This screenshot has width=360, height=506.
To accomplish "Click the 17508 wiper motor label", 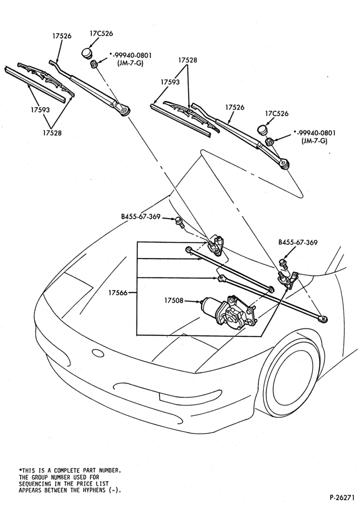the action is tap(173, 301).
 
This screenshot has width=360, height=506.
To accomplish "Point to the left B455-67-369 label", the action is tap(141, 217).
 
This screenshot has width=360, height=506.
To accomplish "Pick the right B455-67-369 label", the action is tap(298, 242).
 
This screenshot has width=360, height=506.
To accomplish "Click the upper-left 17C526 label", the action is tap(101, 33).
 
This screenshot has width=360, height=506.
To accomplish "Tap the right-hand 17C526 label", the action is tap(277, 113).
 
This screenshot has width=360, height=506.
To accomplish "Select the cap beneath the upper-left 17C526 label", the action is tap(86, 53).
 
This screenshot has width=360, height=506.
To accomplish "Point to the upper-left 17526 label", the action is tap(62, 36).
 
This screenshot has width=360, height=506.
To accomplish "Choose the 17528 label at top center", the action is tap(188, 60).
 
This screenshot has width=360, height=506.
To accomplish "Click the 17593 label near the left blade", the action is tap(40, 109).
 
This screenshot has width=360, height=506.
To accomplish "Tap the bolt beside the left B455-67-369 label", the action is tap(179, 222).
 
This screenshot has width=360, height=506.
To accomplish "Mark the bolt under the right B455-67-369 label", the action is tap(284, 263).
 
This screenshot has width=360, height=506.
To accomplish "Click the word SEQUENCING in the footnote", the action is tap(35, 483).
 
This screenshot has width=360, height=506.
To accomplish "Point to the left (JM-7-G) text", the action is tap(130, 63).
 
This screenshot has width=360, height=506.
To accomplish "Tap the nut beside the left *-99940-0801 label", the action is tap(94, 64).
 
